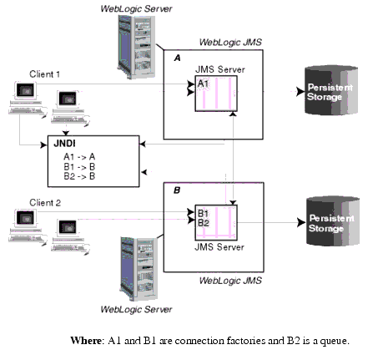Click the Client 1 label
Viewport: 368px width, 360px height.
click(x=45, y=74)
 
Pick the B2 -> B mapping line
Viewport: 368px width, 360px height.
click(x=69, y=176)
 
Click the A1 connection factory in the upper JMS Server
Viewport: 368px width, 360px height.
click(x=204, y=84)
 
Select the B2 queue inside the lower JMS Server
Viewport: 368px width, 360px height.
click(x=204, y=222)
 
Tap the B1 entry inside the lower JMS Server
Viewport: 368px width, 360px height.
click(x=204, y=213)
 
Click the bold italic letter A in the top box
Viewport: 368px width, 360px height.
click(x=176, y=58)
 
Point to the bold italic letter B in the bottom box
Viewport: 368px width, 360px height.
click(x=176, y=191)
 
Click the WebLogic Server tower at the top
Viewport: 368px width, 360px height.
click(x=134, y=47)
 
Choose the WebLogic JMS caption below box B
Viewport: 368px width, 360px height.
click(x=230, y=281)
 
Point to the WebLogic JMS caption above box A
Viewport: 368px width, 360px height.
click(x=230, y=42)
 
